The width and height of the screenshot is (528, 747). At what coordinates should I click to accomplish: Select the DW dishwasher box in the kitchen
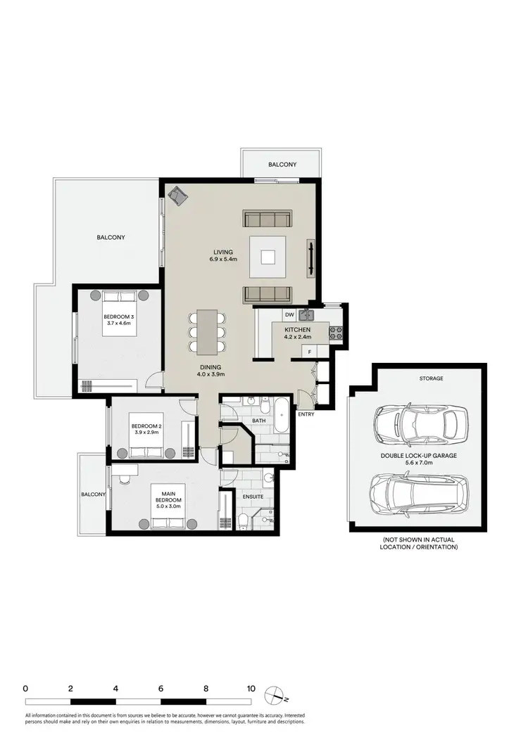point(289,314)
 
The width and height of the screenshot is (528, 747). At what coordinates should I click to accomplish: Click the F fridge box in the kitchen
point(308,350)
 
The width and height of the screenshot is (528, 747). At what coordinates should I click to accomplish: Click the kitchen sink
point(307,314)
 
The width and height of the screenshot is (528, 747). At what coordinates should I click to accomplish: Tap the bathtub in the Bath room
point(281,416)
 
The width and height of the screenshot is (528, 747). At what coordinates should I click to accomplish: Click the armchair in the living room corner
point(178,195)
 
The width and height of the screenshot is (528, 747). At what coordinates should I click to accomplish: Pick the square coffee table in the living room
point(268,257)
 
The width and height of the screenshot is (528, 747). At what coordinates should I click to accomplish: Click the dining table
point(207,332)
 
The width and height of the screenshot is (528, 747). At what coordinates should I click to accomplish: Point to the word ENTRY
point(306,414)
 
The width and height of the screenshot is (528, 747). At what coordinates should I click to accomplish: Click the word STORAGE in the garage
point(432,378)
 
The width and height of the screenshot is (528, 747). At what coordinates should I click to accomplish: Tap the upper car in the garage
point(421,422)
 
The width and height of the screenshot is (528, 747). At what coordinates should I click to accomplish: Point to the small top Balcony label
point(282,165)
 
